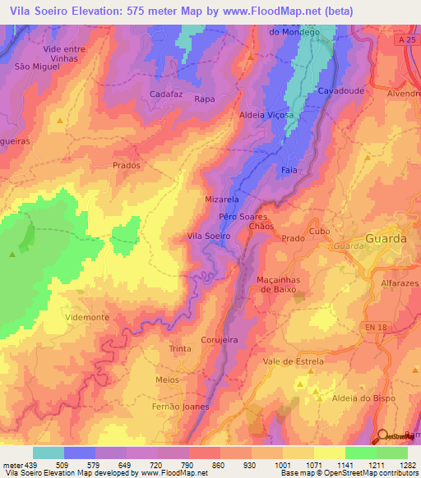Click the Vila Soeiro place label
click(x=209, y=236)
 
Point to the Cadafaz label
click(x=166, y=94)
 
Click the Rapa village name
click(x=204, y=99)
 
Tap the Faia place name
click(x=289, y=170)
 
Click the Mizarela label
click(x=221, y=200)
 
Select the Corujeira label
click(x=220, y=338)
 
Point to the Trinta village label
click(x=179, y=350)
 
